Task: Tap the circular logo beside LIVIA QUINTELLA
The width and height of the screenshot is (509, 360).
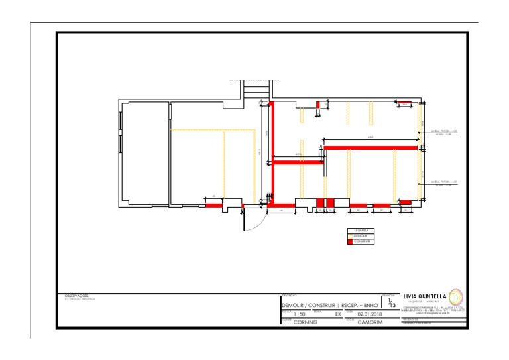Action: [457, 296]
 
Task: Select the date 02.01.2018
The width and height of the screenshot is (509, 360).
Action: [370, 314]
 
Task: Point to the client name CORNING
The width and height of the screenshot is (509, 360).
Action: [306, 322]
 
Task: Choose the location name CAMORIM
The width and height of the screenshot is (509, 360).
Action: [369, 322]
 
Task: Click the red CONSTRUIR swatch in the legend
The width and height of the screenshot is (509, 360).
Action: [350, 241]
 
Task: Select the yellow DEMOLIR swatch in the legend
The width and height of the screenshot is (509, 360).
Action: [350, 236]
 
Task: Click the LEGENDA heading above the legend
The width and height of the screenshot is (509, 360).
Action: [361, 231]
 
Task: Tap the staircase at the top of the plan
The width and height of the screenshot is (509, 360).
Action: [255, 89]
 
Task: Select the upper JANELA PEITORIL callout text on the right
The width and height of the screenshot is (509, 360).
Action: [444, 131]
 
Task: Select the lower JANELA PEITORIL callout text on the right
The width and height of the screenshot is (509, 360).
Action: [444, 182]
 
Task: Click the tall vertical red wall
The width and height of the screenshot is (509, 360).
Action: [271, 152]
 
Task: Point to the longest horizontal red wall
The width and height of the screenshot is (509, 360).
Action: [370, 147]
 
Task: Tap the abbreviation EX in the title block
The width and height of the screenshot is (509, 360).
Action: [337, 314]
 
